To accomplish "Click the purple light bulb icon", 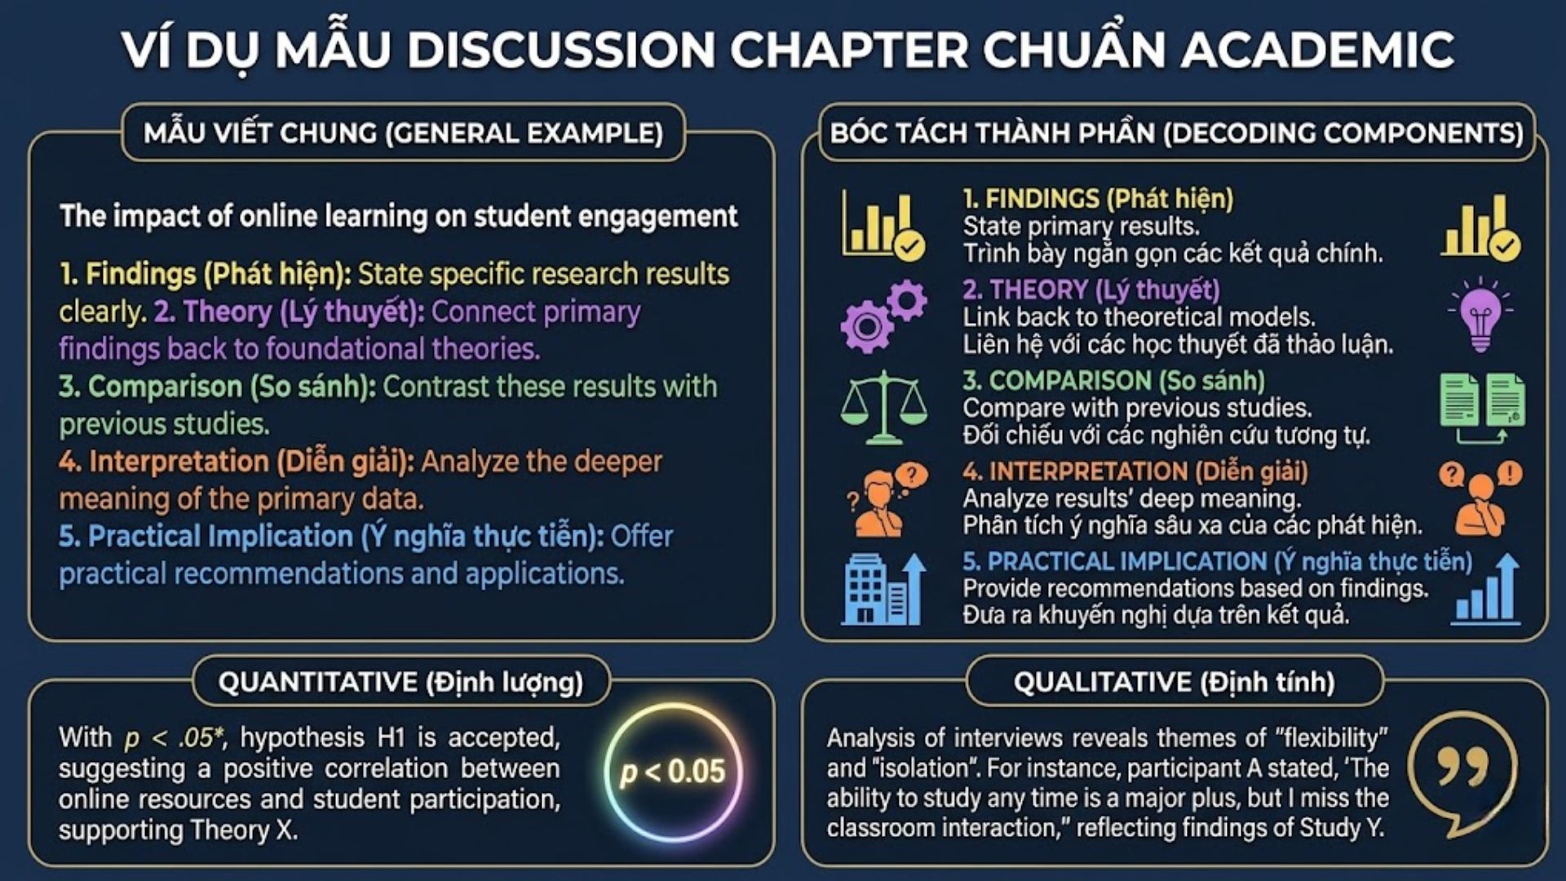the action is tap(1480, 315).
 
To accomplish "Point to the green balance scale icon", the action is tap(883, 407).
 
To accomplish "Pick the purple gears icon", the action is tap(883, 316).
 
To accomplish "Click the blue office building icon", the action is tap(883, 589).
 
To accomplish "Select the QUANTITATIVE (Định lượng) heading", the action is tap(400, 682).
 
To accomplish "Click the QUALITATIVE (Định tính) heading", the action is tap(1174, 682).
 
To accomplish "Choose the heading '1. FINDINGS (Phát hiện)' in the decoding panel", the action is tap(1098, 198).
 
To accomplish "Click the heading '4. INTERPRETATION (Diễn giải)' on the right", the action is tap(1135, 471).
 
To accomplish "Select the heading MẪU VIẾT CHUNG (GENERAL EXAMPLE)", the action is tap(404, 133).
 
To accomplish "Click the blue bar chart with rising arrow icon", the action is tap(1486, 589).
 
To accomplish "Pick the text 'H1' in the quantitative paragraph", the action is tap(391, 737).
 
